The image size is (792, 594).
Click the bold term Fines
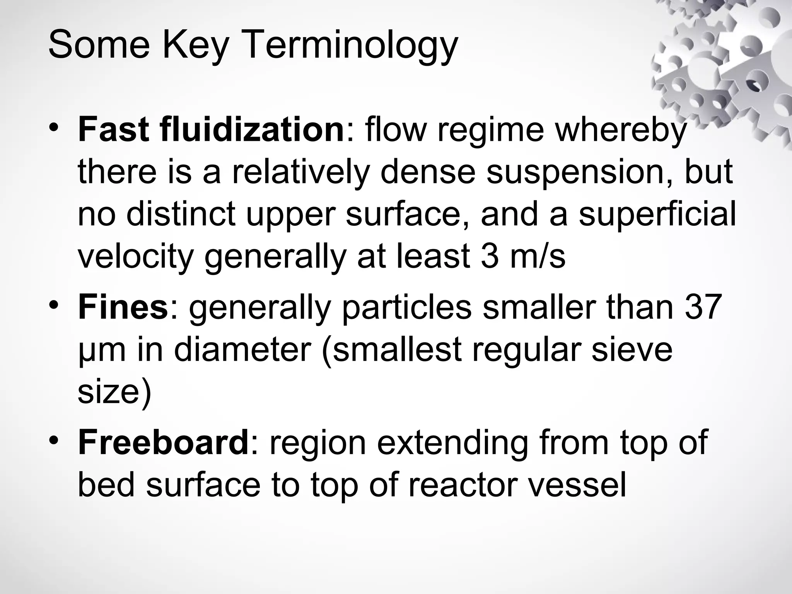(123, 307)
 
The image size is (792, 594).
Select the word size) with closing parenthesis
(114, 392)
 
